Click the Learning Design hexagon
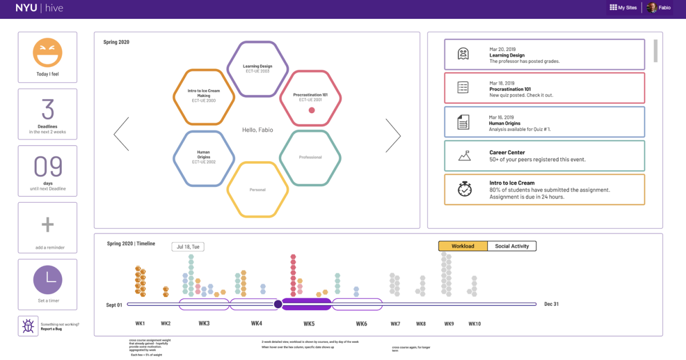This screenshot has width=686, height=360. [x=257, y=69]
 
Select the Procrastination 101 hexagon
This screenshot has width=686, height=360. [x=310, y=97]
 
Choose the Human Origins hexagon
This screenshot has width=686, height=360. [x=204, y=157]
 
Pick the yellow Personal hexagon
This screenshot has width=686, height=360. [x=257, y=189]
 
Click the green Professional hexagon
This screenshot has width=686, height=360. [x=310, y=157]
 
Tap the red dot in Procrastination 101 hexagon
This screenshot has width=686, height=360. [x=312, y=110]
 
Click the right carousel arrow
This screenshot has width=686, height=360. [x=393, y=135]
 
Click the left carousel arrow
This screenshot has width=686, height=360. [x=121, y=135]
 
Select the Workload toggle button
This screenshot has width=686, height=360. [x=463, y=246]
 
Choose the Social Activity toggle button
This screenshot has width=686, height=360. [x=512, y=246]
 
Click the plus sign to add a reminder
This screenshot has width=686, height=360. [x=47, y=225]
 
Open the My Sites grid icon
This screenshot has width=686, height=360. [x=613, y=7]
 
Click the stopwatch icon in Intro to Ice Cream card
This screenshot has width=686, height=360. [x=464, y=190]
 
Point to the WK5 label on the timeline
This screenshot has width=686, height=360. [x=309, y=324]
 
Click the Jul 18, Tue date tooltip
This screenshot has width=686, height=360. [x=188, y=247]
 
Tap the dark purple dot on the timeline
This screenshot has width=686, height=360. [x=278, y=304]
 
